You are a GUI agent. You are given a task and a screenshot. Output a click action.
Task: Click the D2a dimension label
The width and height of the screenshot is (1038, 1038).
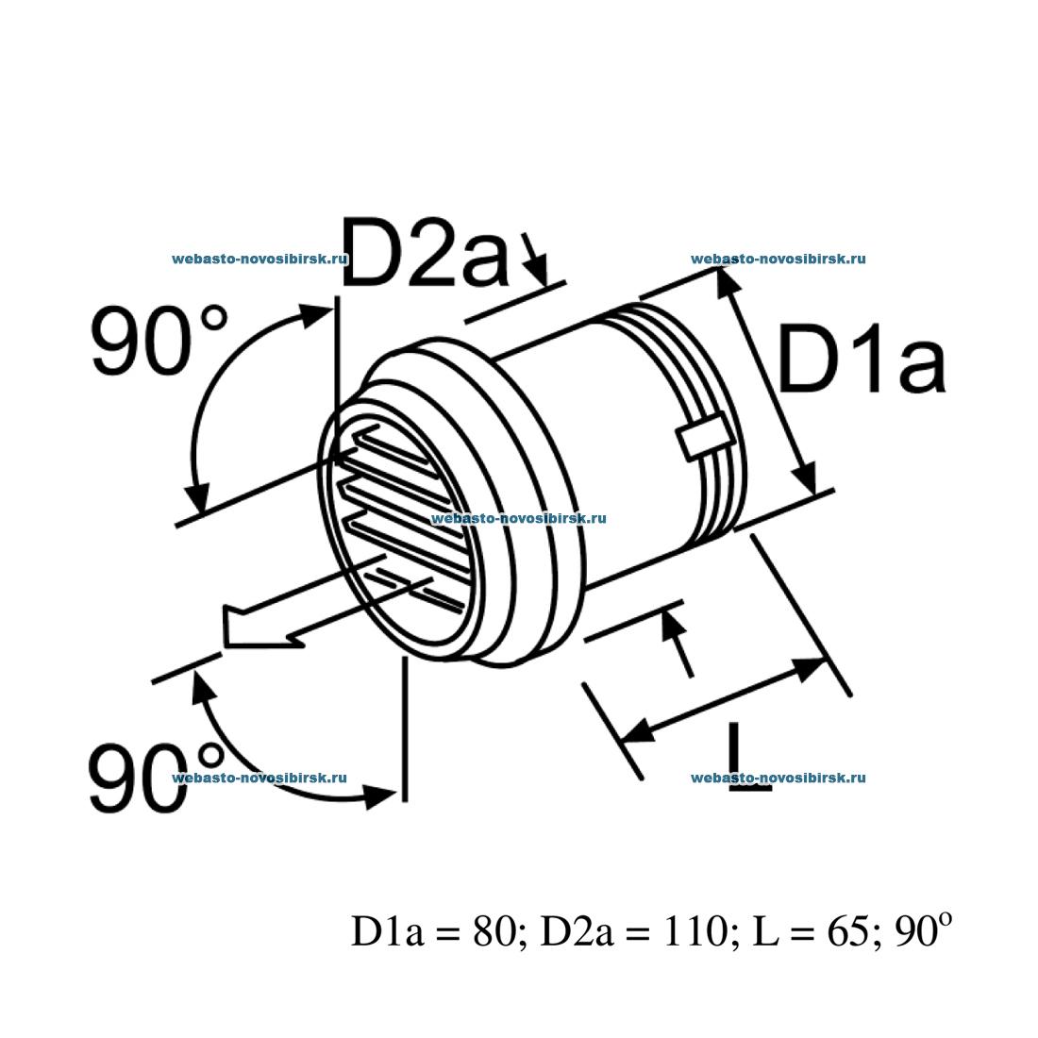(x=425, y=252)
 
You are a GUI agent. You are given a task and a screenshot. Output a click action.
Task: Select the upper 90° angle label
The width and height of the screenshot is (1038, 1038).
(x=159, y=341)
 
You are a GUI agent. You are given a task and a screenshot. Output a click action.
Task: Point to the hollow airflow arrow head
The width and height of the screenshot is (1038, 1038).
(x=247, y=628)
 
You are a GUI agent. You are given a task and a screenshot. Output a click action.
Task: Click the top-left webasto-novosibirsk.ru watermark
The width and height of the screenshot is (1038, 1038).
(x=260, y=259)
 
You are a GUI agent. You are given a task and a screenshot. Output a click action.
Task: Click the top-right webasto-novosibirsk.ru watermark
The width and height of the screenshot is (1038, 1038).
(x=778, y=259)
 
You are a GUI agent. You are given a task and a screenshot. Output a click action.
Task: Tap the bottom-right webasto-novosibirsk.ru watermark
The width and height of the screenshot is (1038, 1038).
(x=778, y=778)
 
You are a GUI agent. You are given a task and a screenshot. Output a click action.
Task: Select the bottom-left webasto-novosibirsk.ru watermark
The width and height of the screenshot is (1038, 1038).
(x=260, y=778)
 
